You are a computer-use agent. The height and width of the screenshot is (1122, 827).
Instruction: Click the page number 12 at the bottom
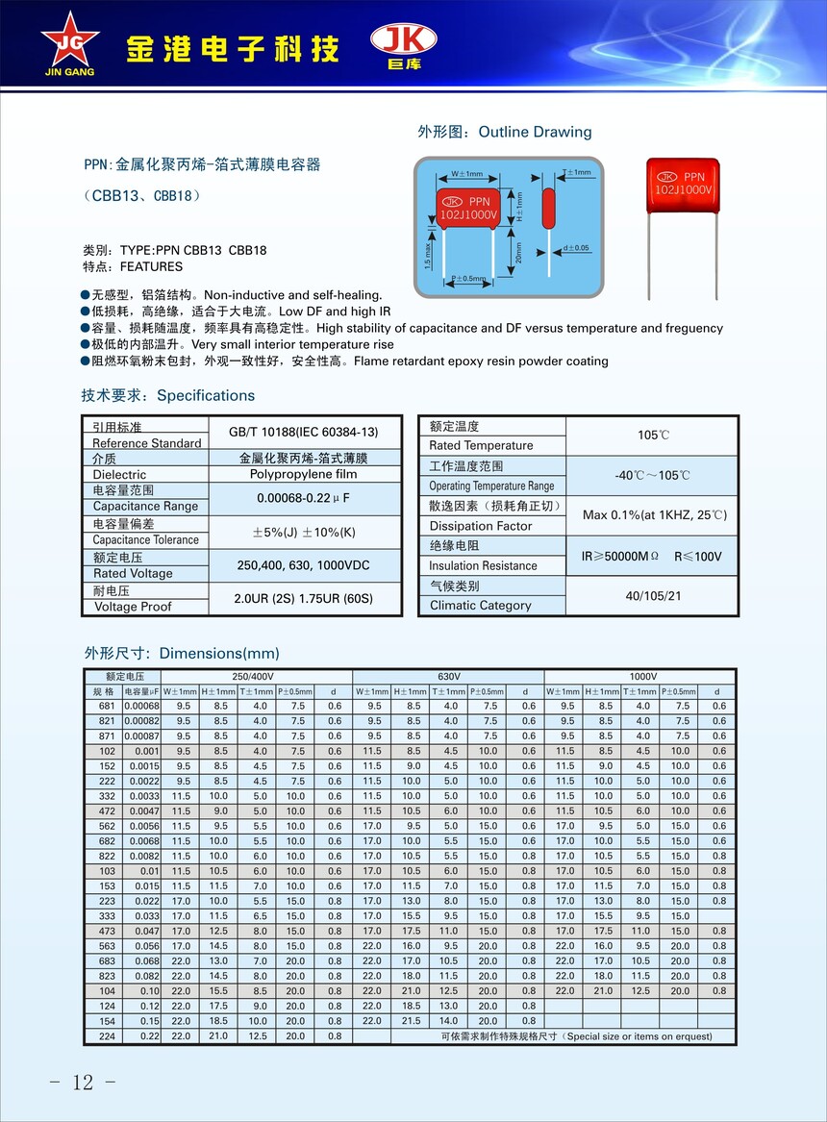[x=83, y=1082]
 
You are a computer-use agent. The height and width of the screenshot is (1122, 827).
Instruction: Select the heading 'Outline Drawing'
[x=535, y=132]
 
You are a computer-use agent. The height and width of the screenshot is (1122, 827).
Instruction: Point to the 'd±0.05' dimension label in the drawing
[x=576, y=248]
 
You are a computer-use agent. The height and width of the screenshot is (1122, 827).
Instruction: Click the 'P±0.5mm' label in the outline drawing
[x=468, y=279]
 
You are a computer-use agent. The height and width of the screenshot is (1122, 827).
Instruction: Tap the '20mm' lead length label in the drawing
[x=518, y=252]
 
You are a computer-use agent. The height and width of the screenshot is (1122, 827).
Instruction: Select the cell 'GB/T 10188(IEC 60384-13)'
[x=304, y=432]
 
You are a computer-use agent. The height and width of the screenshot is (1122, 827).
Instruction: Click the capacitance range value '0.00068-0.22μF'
[x=304, y=498]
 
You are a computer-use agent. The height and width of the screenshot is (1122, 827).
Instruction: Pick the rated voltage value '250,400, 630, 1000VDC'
[x=304, y=565]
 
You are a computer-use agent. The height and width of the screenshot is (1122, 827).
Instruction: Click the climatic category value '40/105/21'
[x=653, y=596]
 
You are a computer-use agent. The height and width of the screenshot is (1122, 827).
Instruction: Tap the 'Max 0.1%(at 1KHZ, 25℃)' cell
[x=653, y=515]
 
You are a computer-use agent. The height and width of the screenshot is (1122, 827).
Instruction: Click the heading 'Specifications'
[x=206, y=395]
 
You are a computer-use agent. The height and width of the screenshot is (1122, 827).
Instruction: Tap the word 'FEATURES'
[x=150, y=266]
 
